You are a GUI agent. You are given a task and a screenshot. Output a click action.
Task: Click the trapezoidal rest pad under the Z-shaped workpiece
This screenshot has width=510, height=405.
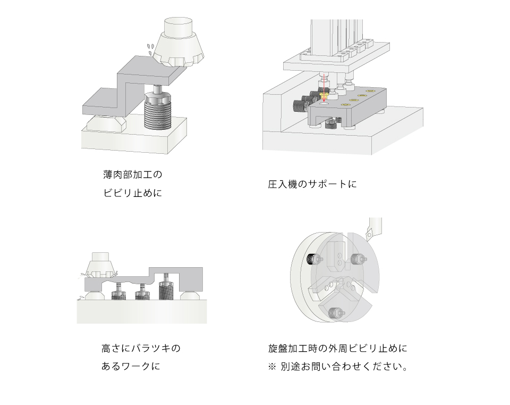point(104,124)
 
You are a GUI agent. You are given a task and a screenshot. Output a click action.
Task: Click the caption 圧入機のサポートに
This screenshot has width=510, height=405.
point(312,185)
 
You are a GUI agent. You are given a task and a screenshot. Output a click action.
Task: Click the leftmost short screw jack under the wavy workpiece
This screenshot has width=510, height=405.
point(118,292)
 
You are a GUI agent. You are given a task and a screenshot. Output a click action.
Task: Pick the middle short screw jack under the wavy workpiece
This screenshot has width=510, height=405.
point(141,292)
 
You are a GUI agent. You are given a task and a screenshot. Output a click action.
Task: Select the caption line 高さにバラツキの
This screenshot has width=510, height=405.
point(141,349)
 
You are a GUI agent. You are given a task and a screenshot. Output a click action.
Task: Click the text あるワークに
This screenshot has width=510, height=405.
point(130,367)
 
